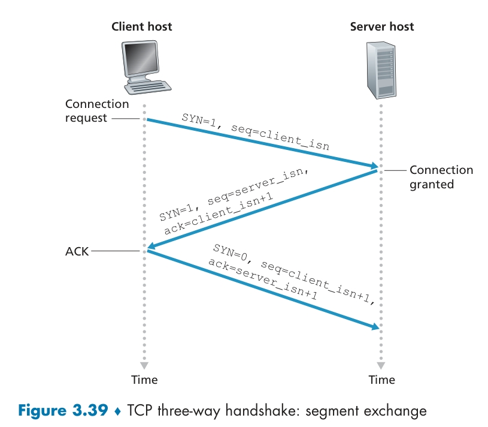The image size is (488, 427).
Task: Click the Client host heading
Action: click(x=142, y=26)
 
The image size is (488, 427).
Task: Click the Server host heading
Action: click(x=381, y=26)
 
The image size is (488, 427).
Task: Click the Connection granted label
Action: click(x=441, y=177)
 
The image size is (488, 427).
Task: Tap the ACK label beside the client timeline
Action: click(x=77, y=251)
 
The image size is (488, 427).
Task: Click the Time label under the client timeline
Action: click(x=144, y=380)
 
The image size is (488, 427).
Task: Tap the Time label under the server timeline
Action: click(x=381, y=380)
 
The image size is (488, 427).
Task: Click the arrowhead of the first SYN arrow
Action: click(x=373, y=165)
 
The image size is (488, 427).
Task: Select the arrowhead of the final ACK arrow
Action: click(x=375, y=327)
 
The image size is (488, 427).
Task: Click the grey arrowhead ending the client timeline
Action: click(x=144, y=365)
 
